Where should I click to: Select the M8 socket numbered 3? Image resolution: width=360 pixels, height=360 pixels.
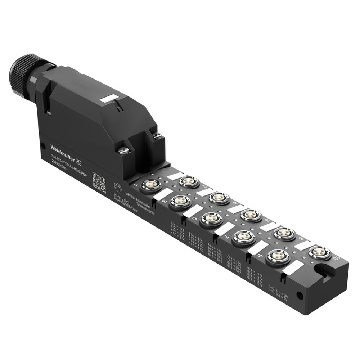click(180, 202)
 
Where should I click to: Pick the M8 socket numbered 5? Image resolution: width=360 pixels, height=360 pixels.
click(211, 219)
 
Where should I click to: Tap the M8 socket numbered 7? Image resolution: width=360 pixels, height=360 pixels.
click(243, 238)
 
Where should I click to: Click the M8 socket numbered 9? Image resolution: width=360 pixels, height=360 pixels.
click(278, 257)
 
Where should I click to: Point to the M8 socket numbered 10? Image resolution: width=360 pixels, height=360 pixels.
click(319, 253)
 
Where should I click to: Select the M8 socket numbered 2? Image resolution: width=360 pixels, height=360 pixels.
click(189, 181)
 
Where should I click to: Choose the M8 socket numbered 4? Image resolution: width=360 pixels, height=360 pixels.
click(219, 198)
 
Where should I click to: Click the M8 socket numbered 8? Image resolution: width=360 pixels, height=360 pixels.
click(284, 233)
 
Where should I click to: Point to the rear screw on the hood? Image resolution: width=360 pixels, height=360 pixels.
click(157, 136)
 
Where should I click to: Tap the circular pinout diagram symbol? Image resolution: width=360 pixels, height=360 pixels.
click(117, 187)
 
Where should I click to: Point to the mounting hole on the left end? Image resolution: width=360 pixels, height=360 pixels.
click(43, 146)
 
